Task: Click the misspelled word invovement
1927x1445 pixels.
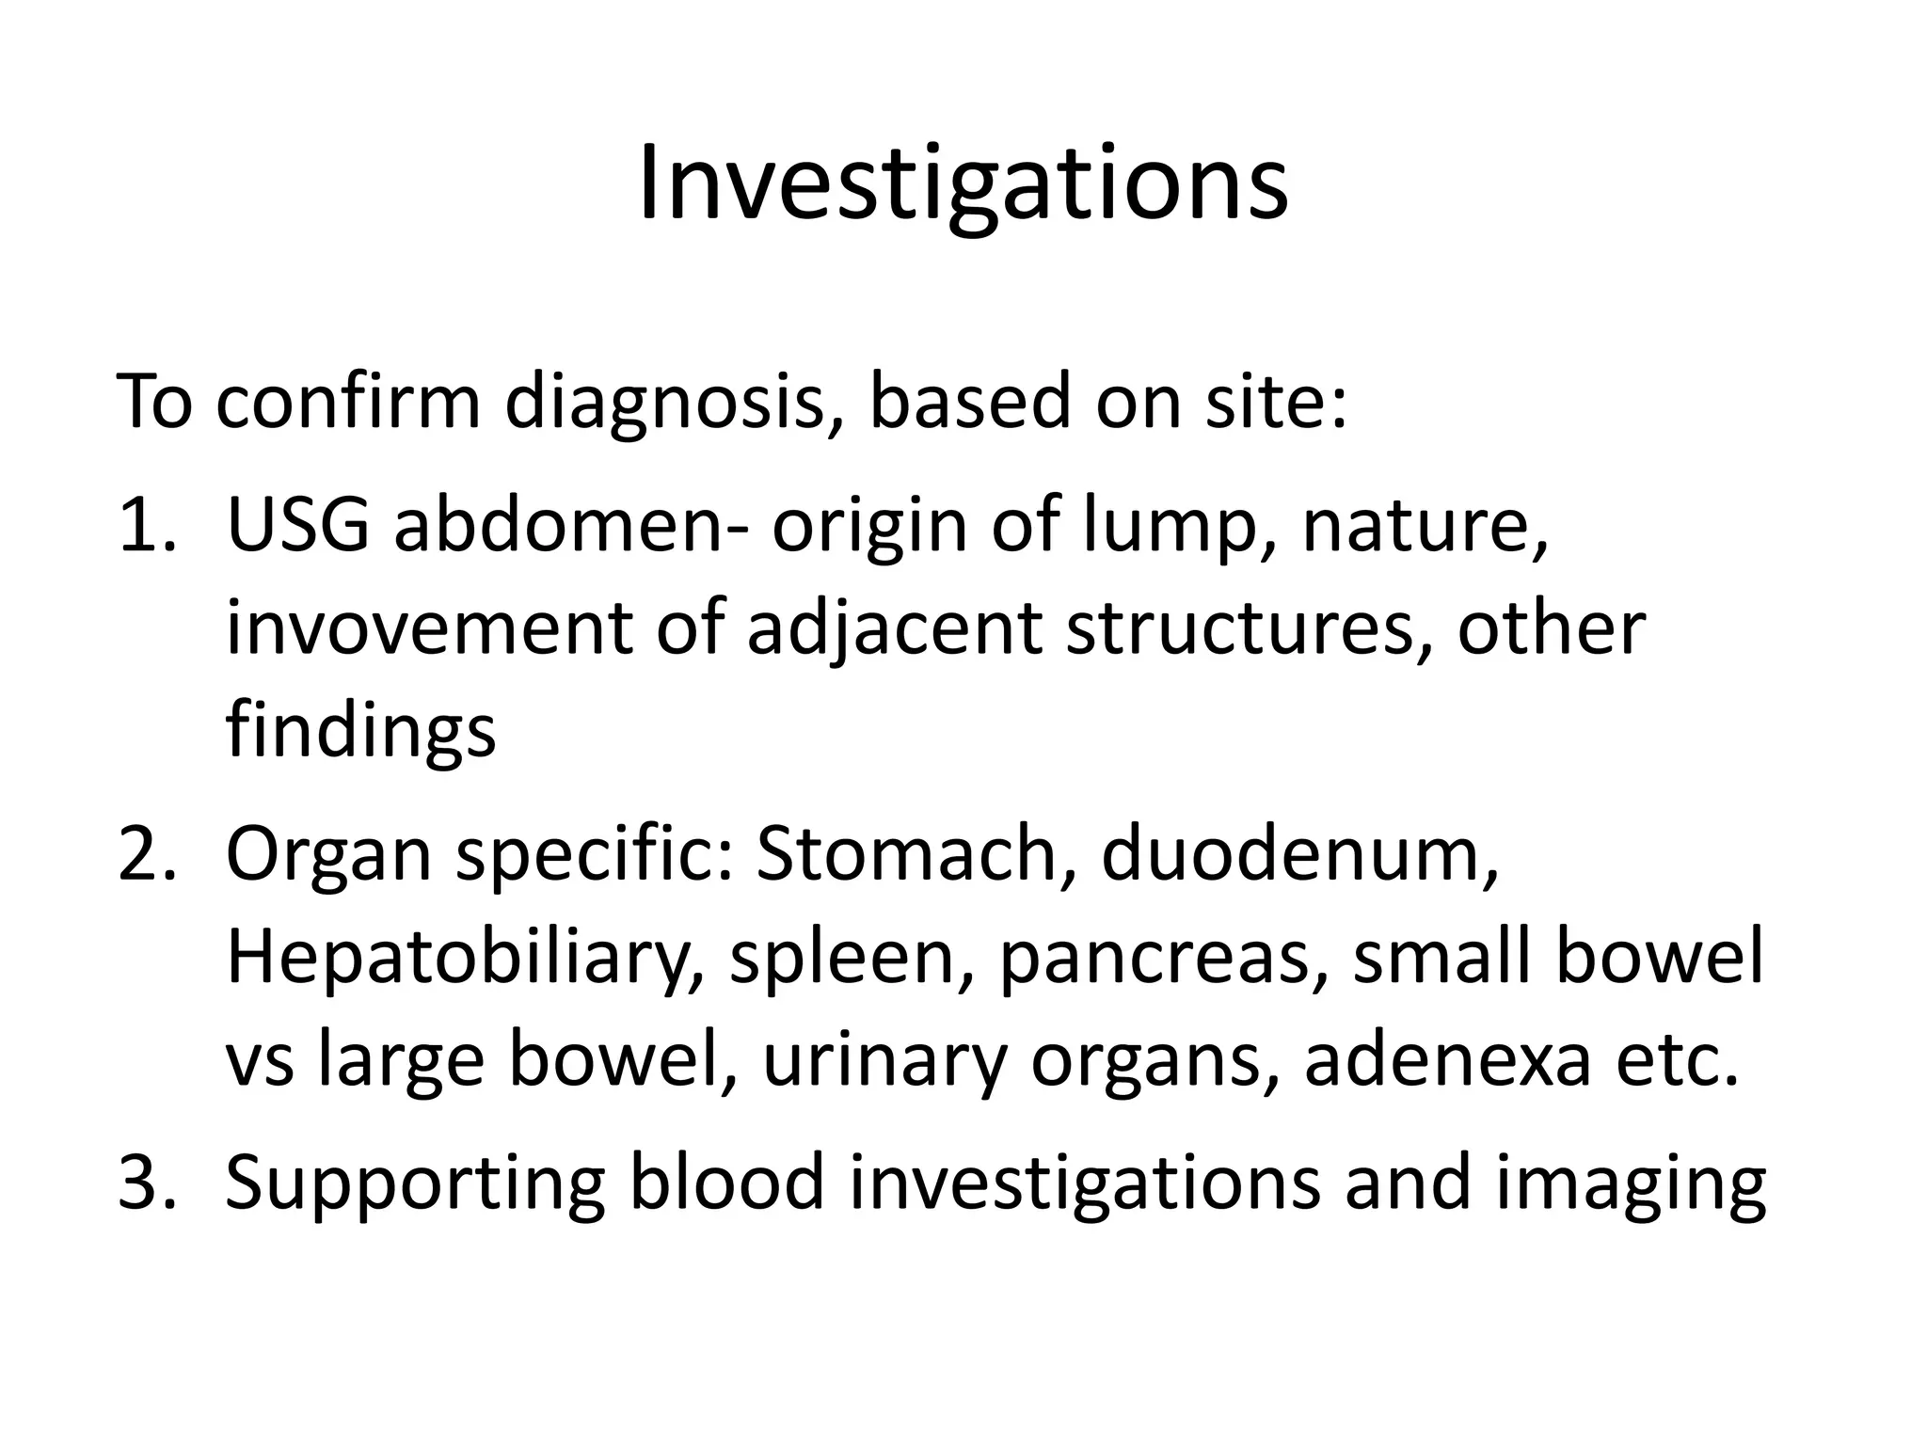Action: click(x=429, y=628)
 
